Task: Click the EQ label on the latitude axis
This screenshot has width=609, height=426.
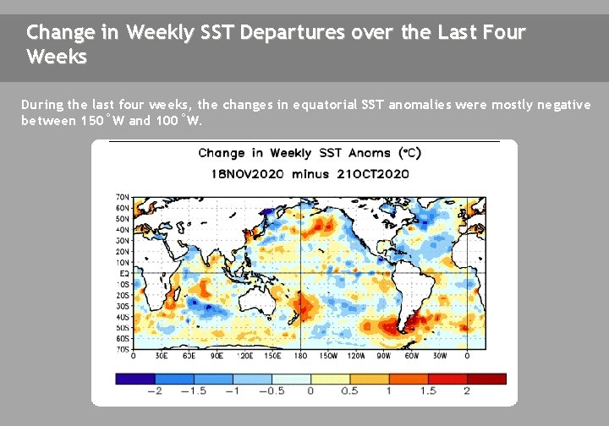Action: click(123, 273)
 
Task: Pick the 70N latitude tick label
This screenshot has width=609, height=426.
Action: click(123, 196)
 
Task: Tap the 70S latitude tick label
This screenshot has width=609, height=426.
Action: click(123, 347)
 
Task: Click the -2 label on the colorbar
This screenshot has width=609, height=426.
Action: click(154, 391)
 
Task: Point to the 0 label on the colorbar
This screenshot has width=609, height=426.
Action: click(311, 391)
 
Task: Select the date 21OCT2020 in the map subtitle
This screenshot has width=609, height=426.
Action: click(371, 173)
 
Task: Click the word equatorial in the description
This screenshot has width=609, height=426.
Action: click(326, 105)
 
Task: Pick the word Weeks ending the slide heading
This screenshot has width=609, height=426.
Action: click(56, 57)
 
